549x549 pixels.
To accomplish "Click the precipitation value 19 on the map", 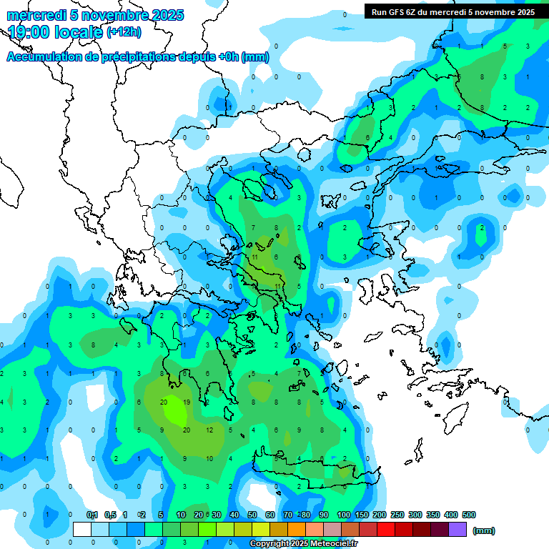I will coord(187,402).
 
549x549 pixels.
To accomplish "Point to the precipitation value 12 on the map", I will coord(209,430).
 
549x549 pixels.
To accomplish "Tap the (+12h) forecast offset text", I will coord(124,32).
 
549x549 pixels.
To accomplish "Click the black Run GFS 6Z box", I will coord(452,12).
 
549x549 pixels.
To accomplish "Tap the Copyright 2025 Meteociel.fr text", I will coord(303,544).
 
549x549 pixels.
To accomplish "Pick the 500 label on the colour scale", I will coord(468,515).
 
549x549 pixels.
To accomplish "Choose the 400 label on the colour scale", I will coord(450,515).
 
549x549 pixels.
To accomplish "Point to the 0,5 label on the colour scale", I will coord(110,515).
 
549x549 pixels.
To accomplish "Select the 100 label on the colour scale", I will coord(343,515).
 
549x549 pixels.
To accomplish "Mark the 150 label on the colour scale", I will coord(361,515).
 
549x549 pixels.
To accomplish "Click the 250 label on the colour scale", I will coord(397,515).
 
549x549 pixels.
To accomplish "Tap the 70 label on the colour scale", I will coord(288,515).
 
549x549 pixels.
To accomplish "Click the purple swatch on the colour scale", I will coord(458,530).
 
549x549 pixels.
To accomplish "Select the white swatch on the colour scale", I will coord(82,530).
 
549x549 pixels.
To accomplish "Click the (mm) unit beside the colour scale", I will coord(484,530).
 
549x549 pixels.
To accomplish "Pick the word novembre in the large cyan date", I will coord(115,15).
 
